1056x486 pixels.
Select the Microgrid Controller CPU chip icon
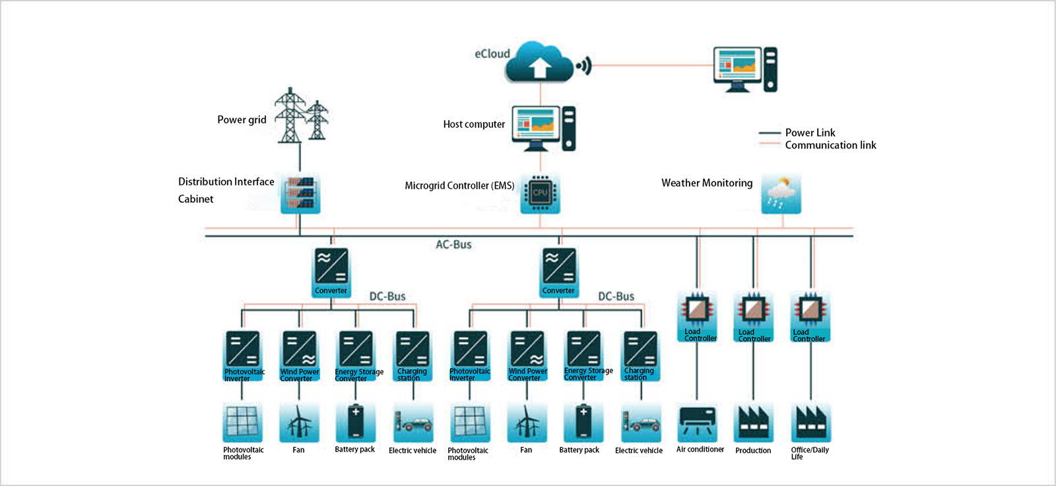tap(540, 193)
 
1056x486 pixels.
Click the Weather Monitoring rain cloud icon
tap(781, 193)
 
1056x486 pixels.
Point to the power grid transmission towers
tap(301, 116)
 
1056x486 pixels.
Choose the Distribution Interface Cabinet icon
tap(300, 193)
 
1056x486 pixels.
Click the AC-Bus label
tap(453, 245)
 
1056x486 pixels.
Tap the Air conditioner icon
tap(697, 422)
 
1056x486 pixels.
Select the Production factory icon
tap(754, 422)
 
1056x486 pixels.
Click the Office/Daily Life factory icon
tap(810, 422)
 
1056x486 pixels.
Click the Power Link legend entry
tap(809, 133)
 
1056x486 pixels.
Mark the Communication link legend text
tap(830, 145)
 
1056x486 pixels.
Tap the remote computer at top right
tap(744, 69)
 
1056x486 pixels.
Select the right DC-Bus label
tap(616, 297)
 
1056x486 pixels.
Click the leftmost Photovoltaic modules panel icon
tap(242, 422)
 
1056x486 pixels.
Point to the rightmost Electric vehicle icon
tap(641, 423)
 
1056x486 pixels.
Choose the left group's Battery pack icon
tap(356, 422)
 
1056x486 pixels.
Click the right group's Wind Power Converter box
tap(527, 355)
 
